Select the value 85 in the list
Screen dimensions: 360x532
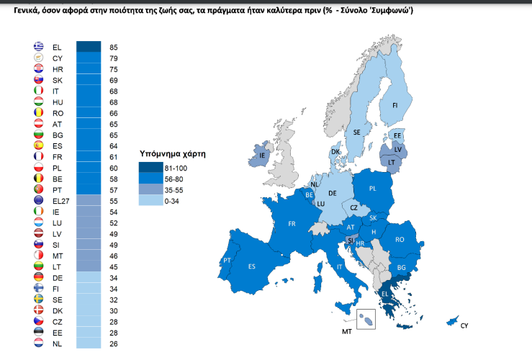[x=114, y=47]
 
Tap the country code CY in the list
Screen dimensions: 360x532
[x=58, y=58]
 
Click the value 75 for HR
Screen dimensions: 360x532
[x=114, y=69]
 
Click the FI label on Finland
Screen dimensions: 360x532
[x=395, y=105]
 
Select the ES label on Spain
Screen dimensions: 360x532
[x=252, y=266]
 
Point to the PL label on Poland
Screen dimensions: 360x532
[x=373, y=189]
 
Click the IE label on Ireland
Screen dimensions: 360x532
[x=263, y=156]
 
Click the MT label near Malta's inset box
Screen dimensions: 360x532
[x=346, y=333]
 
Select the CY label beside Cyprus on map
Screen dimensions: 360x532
[x=465, y=326]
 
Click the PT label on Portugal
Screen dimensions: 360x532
[x=227, y=261]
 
